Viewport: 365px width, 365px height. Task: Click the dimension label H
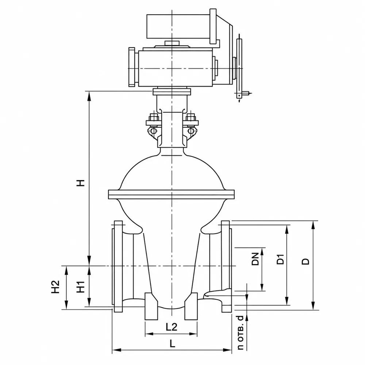coord(80,183)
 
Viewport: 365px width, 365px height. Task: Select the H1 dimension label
coord(81,287)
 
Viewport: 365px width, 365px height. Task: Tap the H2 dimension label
coord(55,287)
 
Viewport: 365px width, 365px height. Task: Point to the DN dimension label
coord(255,259)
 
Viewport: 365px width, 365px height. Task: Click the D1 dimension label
coord(281,259)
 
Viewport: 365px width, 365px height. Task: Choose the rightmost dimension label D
coord(306,261)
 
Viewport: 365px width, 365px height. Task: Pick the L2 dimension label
coord(172,327)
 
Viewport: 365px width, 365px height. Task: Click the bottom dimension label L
coord(172,343)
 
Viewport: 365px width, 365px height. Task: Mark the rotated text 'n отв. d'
coord(240,333)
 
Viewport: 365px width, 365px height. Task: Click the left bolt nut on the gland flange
coord(153,117)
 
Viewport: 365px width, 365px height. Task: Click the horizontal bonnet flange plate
coord(171,195)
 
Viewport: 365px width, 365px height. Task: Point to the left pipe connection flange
coord(118,266)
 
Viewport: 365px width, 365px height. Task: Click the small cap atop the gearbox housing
coord(172,43)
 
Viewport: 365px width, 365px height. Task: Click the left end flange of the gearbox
coord(132,67)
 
